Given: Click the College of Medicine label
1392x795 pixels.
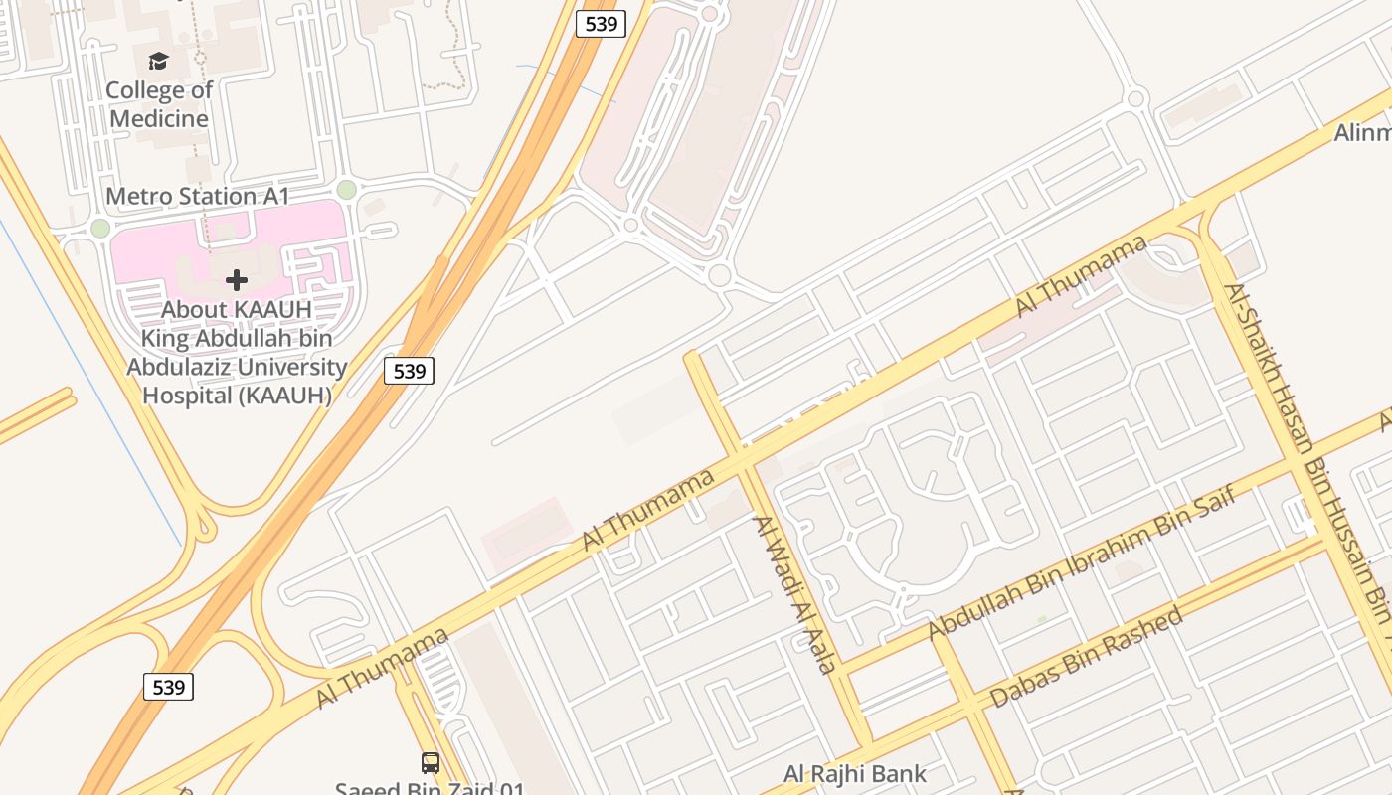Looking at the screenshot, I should pos(159,104).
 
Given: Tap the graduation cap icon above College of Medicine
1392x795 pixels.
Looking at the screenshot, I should pos(158,62).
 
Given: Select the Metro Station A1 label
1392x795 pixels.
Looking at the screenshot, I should pos(197,196).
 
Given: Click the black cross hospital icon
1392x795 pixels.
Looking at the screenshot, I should pos(236,280).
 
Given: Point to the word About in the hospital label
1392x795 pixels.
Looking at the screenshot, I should pos(194,309).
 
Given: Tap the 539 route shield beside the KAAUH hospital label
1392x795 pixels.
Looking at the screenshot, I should pos(409,371).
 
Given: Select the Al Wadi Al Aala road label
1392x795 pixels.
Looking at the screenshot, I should pos(793,594).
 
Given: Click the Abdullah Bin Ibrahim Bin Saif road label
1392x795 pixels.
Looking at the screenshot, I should pos(1081,562).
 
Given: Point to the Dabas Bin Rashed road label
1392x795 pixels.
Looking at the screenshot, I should pos(1090,657).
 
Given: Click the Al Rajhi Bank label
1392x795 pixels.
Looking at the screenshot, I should pos(855,773).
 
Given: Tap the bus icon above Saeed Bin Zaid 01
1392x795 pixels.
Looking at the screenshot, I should pos(431,762).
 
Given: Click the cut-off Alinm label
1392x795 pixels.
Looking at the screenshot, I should pos(1361,132).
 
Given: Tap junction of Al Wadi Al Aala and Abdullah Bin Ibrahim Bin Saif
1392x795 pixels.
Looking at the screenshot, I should pos(844,670).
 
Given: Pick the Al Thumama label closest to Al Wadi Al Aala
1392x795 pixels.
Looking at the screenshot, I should pos(648,509).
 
